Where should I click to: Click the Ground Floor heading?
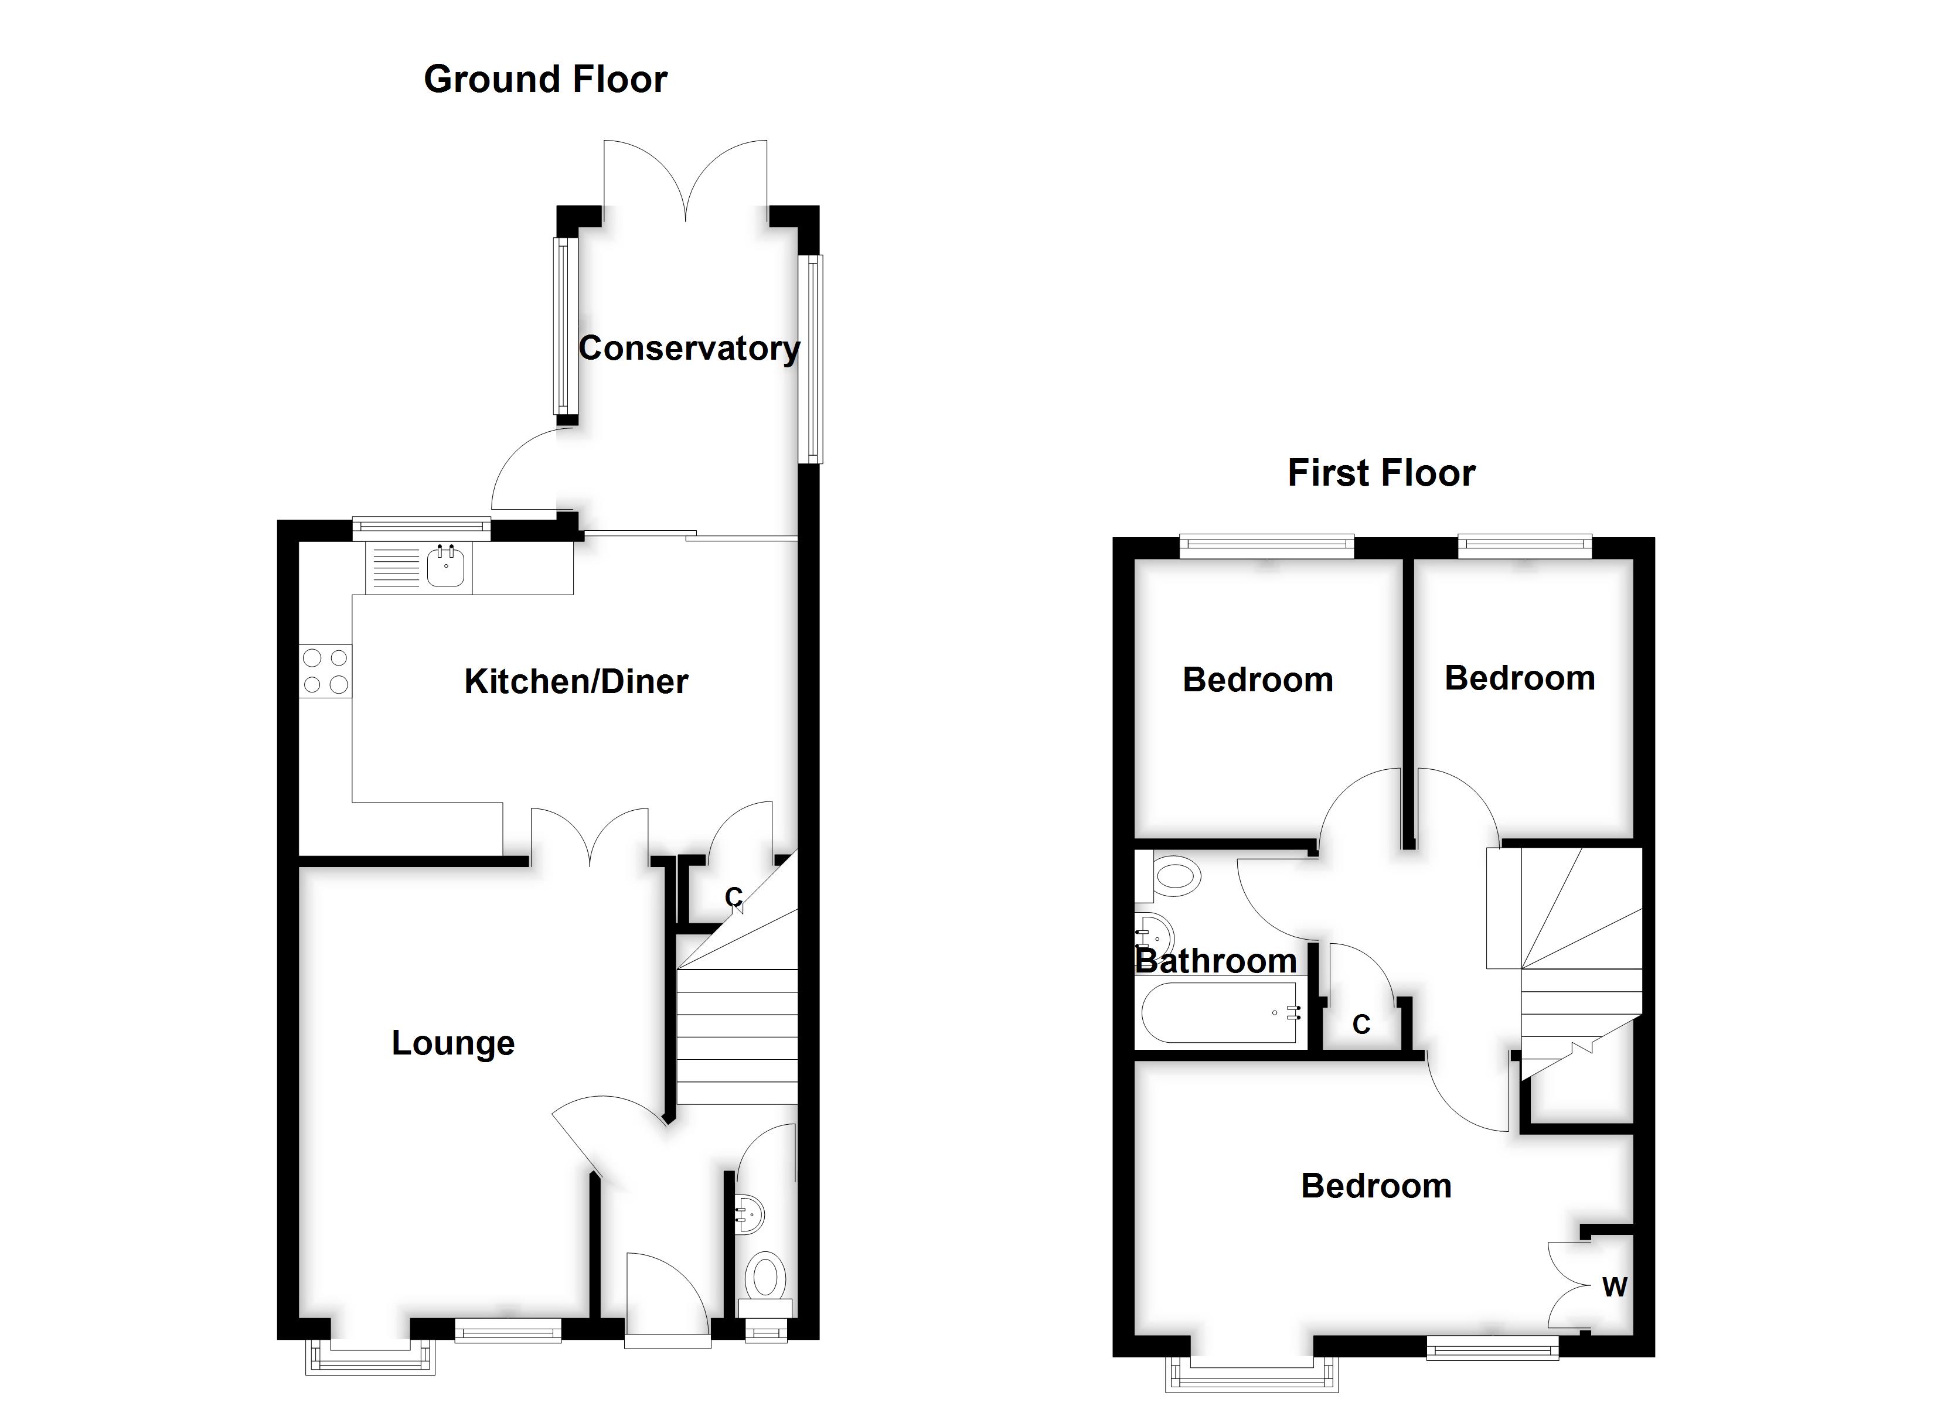[x=545, y=79]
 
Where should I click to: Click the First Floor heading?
[x=1381, y=473]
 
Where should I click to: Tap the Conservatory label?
[x=689, y=348]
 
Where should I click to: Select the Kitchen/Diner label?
[x=576, y=681]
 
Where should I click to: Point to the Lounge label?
[x=453, y=1043]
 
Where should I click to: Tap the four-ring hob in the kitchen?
[x=325, y=670]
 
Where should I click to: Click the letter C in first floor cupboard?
[x=1361, y=1024]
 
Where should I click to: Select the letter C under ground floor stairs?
[x=733, y=897]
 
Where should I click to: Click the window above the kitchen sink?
[x=421, y=528]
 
